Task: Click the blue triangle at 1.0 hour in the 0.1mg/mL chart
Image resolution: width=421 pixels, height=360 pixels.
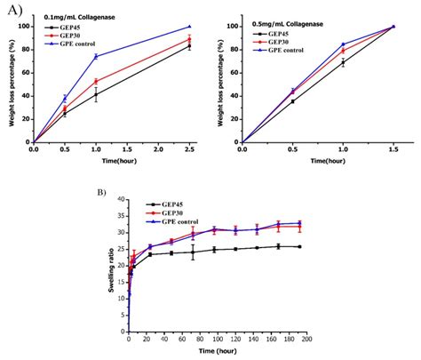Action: coord(96,56)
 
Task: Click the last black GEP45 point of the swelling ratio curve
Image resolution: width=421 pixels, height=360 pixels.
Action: coord(298,246)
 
